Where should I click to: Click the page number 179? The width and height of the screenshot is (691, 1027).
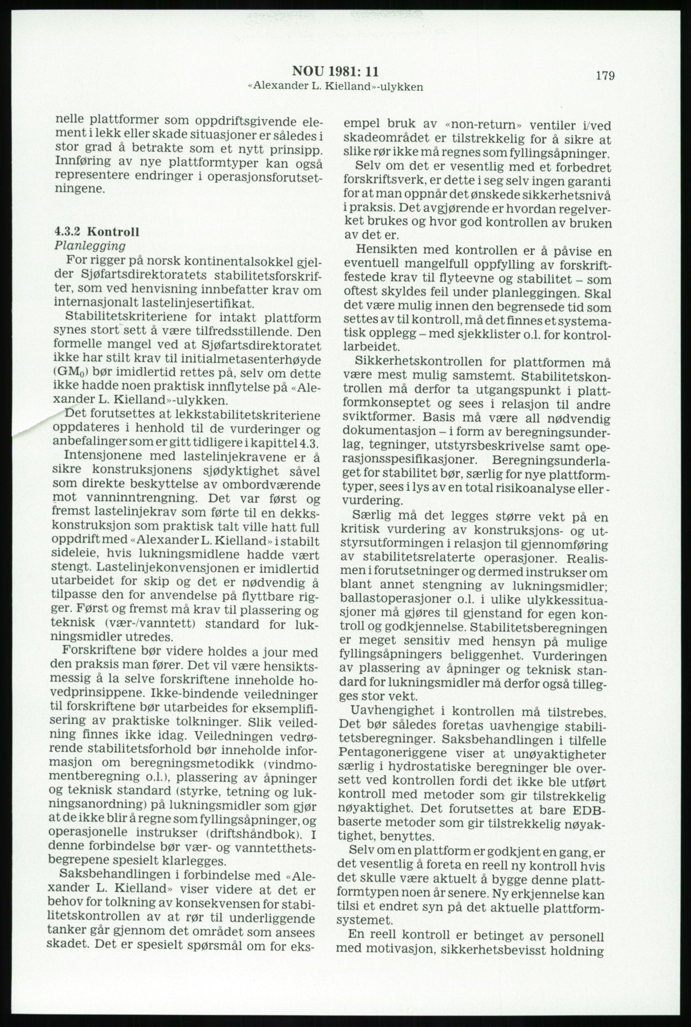tap(605, 76)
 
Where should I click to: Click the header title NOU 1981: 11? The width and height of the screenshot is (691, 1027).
tap(335, 71)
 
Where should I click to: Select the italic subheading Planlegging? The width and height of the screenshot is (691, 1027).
tap(89, 246)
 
